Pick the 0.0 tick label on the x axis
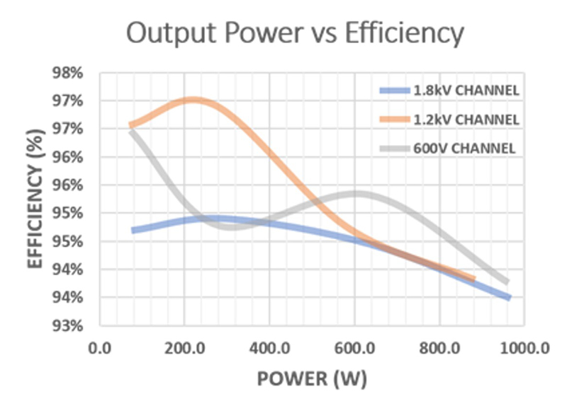pyautogui.click(x=99, y=347)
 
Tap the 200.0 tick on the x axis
pyautogui.click(x=184, y=347)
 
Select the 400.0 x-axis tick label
pyautogui.click(x=269, y=347)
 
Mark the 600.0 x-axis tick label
pyautogui.click(x=354, y=347)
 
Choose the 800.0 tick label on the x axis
pyautogui.click(x=439, y=347)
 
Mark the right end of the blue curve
pyautogui.click(x=508, y=297)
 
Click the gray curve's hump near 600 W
pyautogui.click(x=356, y=193)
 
